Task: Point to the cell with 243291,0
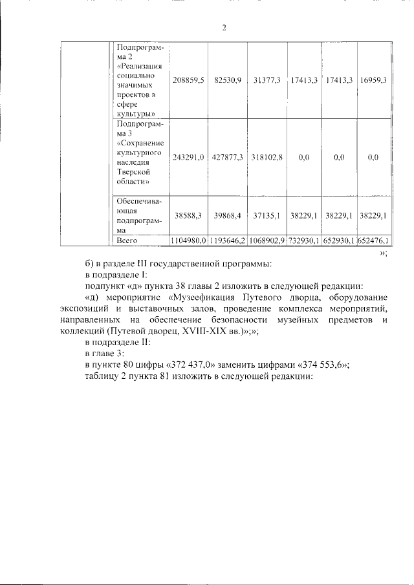coord(189,157)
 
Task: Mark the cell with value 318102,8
coord(267,157)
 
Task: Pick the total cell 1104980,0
coord(189,240)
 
